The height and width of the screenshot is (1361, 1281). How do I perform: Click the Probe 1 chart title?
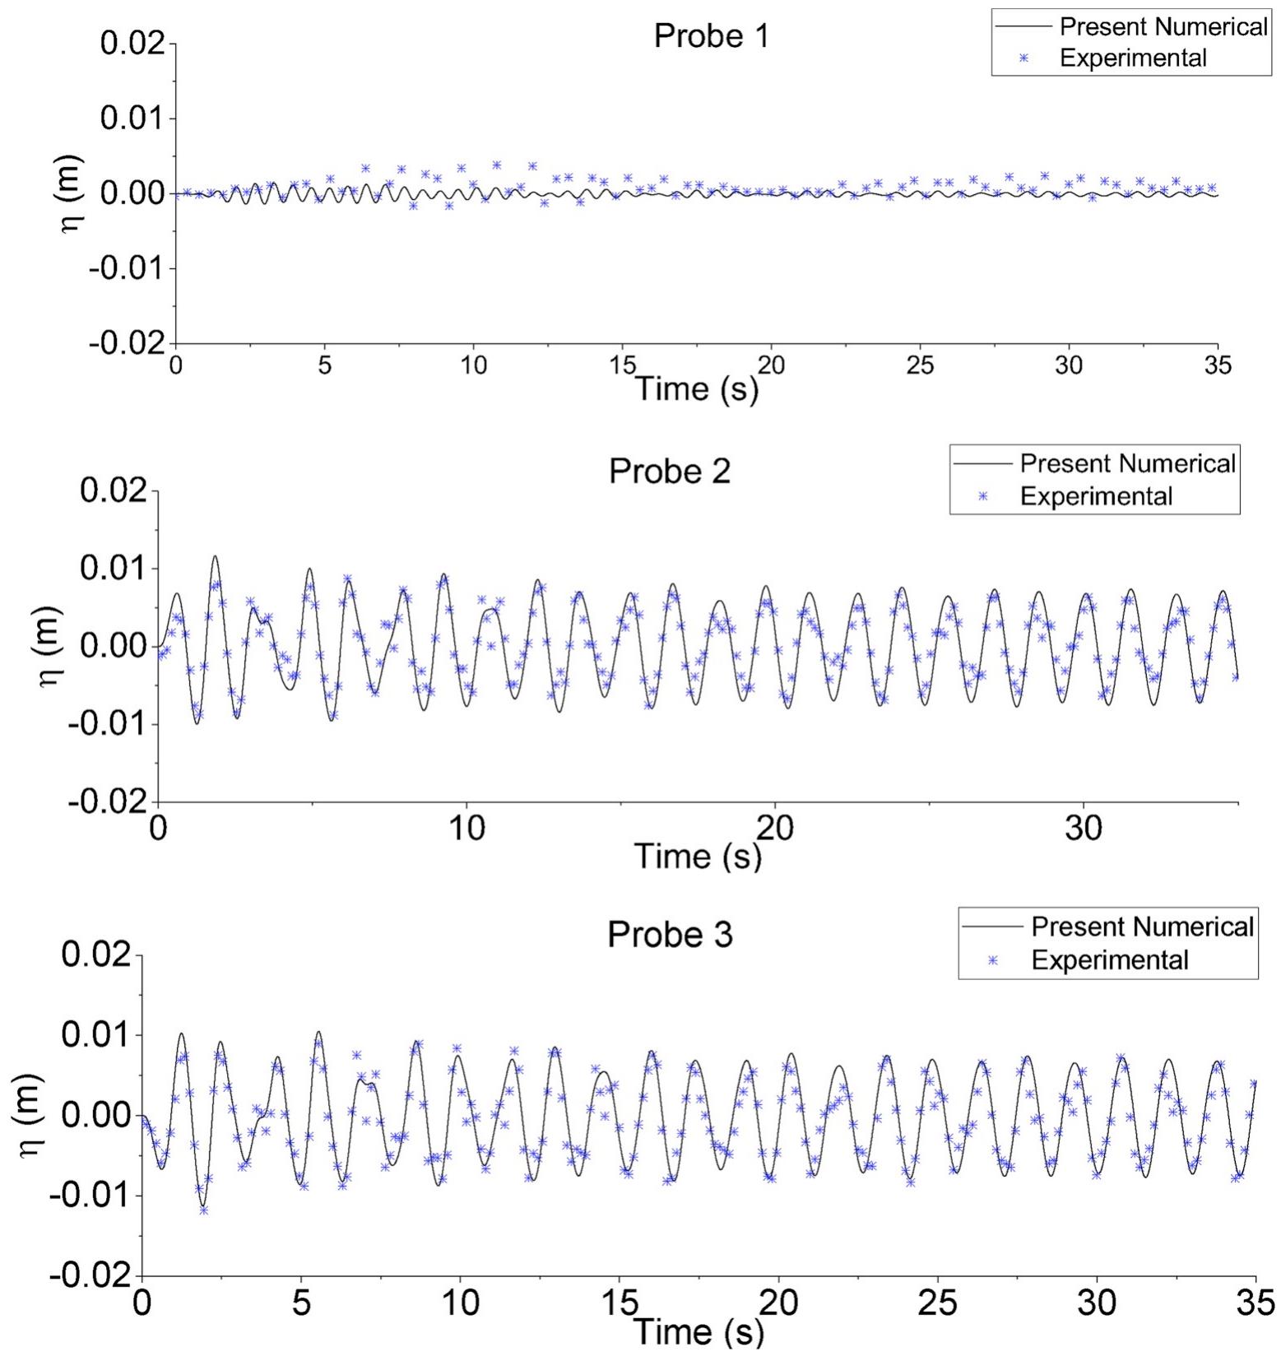coord(711,36)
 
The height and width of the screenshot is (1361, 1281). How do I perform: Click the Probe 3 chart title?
coord(669,935)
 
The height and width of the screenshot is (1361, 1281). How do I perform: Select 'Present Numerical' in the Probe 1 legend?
coord(1163,26)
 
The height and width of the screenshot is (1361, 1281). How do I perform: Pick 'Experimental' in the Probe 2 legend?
coord(1096,496)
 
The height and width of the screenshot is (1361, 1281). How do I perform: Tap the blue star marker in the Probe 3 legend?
coord(992,960)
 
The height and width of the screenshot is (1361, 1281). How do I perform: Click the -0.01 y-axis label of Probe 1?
coord(128,268)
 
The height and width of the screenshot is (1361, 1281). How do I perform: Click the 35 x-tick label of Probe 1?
coord(1218,365)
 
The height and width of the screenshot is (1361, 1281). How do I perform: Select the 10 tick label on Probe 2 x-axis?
coord(466,828)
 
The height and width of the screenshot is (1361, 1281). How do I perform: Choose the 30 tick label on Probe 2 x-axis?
coord(1084,828)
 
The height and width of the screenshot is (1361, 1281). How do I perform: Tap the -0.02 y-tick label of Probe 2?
coord(111,801)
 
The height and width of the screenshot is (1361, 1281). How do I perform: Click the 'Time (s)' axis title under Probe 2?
coord(697,856)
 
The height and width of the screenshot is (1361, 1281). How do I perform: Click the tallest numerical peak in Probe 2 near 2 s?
coord(216,556)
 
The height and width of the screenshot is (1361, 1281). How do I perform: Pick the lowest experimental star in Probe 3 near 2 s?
coord(203,1210)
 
